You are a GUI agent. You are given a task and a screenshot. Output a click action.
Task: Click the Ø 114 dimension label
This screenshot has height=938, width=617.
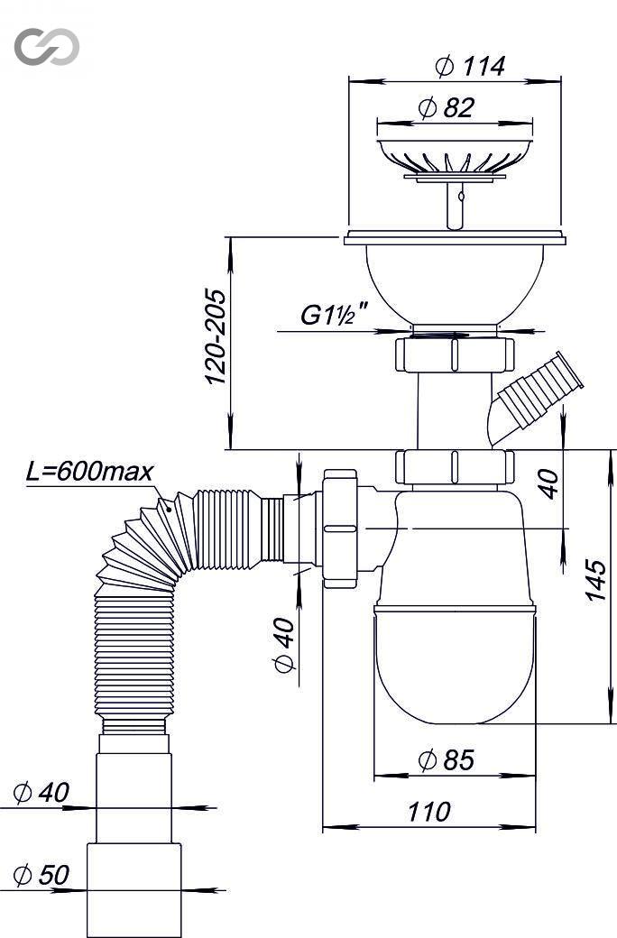point(470,66)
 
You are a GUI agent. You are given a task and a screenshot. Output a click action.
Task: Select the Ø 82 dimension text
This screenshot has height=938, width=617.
point(447,107)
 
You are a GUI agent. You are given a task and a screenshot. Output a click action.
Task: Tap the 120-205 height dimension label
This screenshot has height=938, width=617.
point(216,336)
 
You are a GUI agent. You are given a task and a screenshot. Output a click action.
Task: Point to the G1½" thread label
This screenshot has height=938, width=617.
point(334,315)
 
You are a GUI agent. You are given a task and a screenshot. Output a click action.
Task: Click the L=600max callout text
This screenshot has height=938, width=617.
point(90,472)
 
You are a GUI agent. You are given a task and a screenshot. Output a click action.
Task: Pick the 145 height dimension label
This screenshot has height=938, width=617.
point(594,580)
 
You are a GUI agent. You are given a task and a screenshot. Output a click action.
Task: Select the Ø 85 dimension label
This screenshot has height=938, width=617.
point(447,759)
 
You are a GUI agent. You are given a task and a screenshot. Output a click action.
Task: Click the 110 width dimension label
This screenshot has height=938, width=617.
point(429,812)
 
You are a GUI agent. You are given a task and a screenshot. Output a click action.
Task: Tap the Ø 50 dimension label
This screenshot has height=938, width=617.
point(41,875)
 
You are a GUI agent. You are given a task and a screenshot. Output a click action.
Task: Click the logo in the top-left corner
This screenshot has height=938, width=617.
point(47,46)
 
